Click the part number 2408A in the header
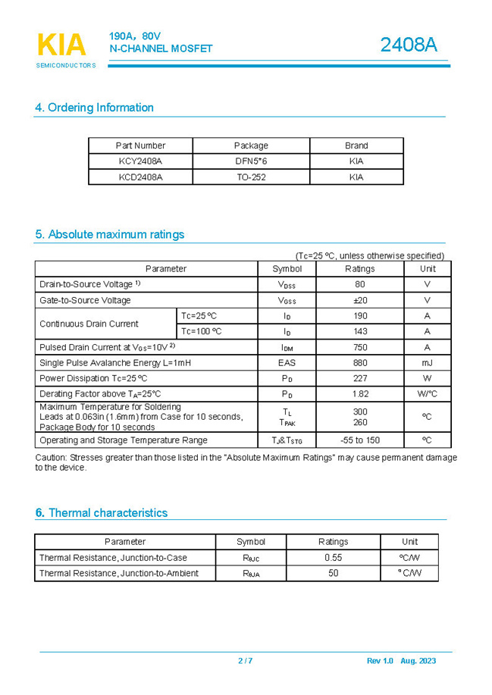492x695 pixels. click(409, 45)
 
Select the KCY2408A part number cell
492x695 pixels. click(140, 161)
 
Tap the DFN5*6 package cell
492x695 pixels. click(251, 161)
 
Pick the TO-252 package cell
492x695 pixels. click(251, 177)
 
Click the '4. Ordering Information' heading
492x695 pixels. click(94, 108)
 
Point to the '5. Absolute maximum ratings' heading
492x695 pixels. click(109, 234)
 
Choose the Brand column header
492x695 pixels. click(356, 146)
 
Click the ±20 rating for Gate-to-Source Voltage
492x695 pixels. click(359, 300)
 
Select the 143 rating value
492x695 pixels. click(359, 331)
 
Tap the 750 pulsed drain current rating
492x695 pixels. click(359, 347)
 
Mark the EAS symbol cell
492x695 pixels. click(287, 363)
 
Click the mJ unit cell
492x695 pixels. click(427, 363)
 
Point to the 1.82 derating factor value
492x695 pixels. click(359, 394)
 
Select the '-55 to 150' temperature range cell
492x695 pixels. click(359, 440)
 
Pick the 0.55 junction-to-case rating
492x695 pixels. click(333, 558)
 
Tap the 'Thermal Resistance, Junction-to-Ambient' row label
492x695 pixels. click(119, 574)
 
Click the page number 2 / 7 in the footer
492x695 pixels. click(246, 661)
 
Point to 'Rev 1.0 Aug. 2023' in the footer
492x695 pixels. click(401, 661)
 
